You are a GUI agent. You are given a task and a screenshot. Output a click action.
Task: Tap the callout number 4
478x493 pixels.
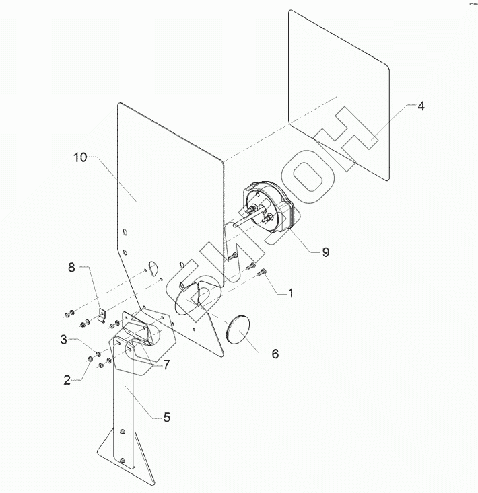(x=421, y=106)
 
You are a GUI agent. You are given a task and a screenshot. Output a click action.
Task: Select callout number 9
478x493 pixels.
(x=325, y=252)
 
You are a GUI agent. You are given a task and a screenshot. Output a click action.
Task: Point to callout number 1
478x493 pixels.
(x=290, y=293)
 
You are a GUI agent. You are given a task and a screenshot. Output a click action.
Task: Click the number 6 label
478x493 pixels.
(x=275, y=354)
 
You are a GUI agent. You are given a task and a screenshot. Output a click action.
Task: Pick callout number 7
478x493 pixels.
(x=166, y=365)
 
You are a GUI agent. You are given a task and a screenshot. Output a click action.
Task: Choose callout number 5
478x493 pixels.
(x=166, y=417)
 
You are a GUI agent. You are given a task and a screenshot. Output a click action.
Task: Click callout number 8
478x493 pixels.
(x=71, y=268)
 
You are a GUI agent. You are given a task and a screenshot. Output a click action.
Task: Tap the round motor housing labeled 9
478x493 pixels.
(x=266, y=211)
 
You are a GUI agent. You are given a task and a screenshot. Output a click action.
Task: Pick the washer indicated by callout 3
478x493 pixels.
(x=98, y=354)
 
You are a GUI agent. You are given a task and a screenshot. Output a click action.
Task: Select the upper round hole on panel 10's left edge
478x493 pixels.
(x=125, y=232)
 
